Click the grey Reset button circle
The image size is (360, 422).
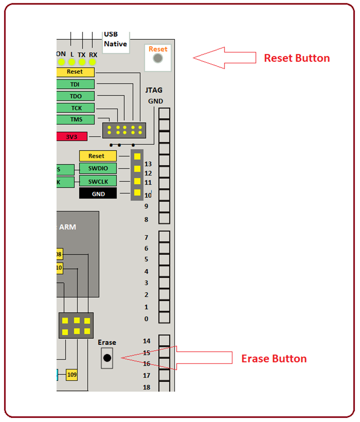(158, 58)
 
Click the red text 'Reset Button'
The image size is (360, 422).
(297, 58)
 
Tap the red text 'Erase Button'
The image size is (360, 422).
(274, 359)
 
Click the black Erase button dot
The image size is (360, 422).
(107, 358)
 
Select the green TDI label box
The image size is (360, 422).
(75, 84)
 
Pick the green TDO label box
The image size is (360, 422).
(75, 96)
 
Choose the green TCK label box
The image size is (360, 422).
(75, 108)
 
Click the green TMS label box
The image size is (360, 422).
(75, 120)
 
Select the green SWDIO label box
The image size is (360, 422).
(98, 168)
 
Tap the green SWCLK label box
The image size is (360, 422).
(98, 181)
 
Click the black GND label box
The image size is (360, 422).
(98, 194)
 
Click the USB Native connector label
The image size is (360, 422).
(115, 39)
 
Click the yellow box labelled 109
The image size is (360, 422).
(72, 375)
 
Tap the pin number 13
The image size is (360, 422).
(148, 164)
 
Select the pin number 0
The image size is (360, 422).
(147, 319)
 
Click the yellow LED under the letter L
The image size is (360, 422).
(72, 62)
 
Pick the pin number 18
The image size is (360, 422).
(147, 387)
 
